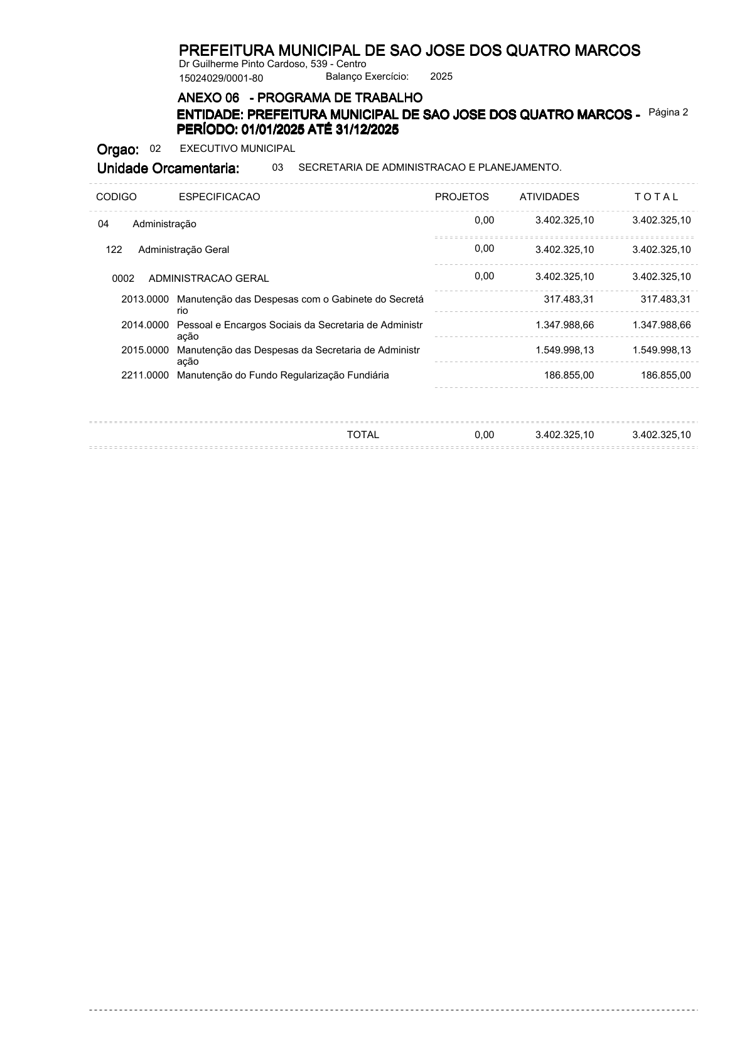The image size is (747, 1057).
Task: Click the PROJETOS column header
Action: [x=461, y=197]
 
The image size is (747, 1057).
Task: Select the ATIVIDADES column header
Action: [x=549, y=197]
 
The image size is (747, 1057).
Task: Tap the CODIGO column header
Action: [x=116, y=197]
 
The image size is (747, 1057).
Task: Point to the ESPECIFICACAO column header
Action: [x=219, y=197]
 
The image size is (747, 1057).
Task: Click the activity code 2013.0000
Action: [x=145, y=299]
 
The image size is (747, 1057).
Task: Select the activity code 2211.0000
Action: [x=145, y=375]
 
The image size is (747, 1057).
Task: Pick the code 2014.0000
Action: [x=145, y=325]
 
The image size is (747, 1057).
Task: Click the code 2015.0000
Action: [x=145, y=350]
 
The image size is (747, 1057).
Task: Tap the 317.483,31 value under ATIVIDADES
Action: [x=569, y=299]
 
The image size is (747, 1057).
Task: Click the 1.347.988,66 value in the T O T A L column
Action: [x=662, y=325]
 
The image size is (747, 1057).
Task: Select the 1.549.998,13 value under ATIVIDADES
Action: [x=564, y=350]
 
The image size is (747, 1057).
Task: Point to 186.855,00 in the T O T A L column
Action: [x=665, y=375]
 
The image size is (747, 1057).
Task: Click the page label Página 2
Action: [x=668, y=112]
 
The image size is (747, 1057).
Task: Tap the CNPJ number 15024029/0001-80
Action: [x=221, y=78]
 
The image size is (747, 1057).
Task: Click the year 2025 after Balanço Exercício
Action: [x=441, y=77]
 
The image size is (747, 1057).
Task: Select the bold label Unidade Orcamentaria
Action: [x=168, y=168]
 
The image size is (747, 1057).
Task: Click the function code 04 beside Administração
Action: [x=104, y=224]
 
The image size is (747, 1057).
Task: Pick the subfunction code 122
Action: [x=114, y=250]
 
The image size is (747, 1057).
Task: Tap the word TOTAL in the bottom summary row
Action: [x=363, y=435]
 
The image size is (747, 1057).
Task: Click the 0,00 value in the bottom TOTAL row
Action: [x=484, y=435]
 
